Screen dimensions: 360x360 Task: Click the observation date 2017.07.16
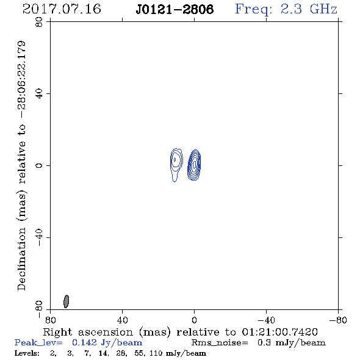coord(62,9)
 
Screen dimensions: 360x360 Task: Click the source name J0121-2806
coord(175,10)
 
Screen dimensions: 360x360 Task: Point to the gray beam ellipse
coord(66,301)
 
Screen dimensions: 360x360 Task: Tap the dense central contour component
coord(194,165)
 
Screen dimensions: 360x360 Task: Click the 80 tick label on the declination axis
coord(39,22)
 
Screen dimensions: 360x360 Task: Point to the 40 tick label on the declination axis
coord(39,94)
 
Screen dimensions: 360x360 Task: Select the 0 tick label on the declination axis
coord(39,165)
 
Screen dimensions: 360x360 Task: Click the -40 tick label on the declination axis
coord(39,237)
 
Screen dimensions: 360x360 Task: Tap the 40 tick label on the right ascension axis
coord(122,320)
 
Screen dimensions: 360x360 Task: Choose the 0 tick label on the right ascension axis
coord(194,320)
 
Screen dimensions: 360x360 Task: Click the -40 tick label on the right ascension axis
coord(266,320)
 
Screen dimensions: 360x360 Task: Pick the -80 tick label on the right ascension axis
coord(338,320)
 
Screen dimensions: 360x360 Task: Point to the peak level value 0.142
coord(84,342)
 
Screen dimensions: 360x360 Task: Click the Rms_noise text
coord(220,343)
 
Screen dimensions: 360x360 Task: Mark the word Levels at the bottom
coord(27,353)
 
